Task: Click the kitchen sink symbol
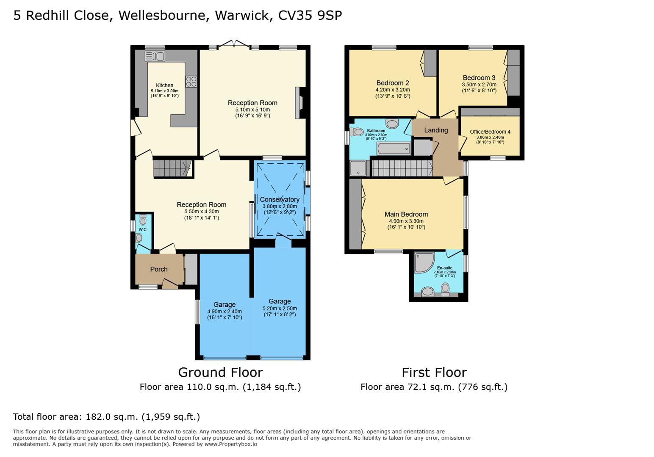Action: (155, 56)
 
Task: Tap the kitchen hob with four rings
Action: (191, 82)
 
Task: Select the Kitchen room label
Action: (164, 85)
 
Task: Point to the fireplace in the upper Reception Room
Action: (299, 103)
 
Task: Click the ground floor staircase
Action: (172, 168)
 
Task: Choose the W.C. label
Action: (143, 229)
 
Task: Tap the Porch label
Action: (159, 269)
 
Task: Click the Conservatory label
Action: (280, 199)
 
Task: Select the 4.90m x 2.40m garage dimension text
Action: (224, 311)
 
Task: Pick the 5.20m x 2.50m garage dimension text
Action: (280, 308)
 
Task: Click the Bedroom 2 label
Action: (393, 83)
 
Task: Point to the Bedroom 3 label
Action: (479, 78)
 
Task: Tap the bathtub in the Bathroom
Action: (394, 149)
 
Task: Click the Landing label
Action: (436, 130)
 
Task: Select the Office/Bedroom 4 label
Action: (490, 132)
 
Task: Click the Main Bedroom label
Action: (406, 215)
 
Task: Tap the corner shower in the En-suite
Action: (424, 263)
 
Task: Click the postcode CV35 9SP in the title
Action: (310, 16)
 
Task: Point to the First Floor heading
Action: (434, 373)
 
